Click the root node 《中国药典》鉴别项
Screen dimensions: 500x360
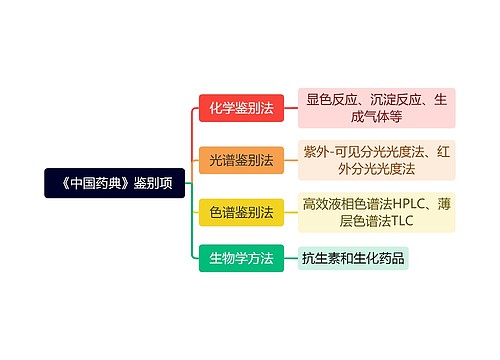[x=115, y=183]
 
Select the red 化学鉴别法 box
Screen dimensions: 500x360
[x=241, y=108]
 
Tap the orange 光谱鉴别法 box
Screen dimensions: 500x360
[x=241, y=160]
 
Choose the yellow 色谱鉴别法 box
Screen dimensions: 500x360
[x=241, y=211]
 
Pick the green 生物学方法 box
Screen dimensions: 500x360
[x=241, y=258]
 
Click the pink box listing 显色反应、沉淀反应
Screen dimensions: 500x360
[x=376, y=108]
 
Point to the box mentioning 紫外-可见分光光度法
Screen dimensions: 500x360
[x=376, y=160]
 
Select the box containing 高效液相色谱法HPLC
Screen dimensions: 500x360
[x=376, y=211]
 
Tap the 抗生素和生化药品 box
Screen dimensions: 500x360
[x=353, y=258]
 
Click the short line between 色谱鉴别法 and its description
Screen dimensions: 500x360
[x=291, y=211]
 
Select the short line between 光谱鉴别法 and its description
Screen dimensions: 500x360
[x=291, y=160]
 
